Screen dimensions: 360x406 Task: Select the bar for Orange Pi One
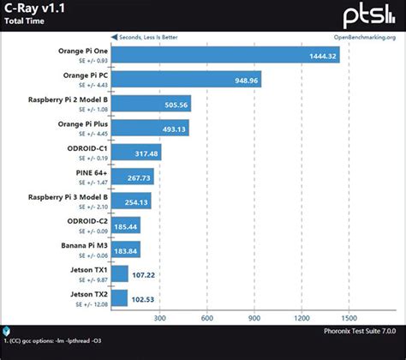[227, 56]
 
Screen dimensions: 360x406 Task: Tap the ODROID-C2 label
[87, 223]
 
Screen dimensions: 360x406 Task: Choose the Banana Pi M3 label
[83, 247]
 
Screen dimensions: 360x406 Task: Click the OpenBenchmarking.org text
[364, 38]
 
